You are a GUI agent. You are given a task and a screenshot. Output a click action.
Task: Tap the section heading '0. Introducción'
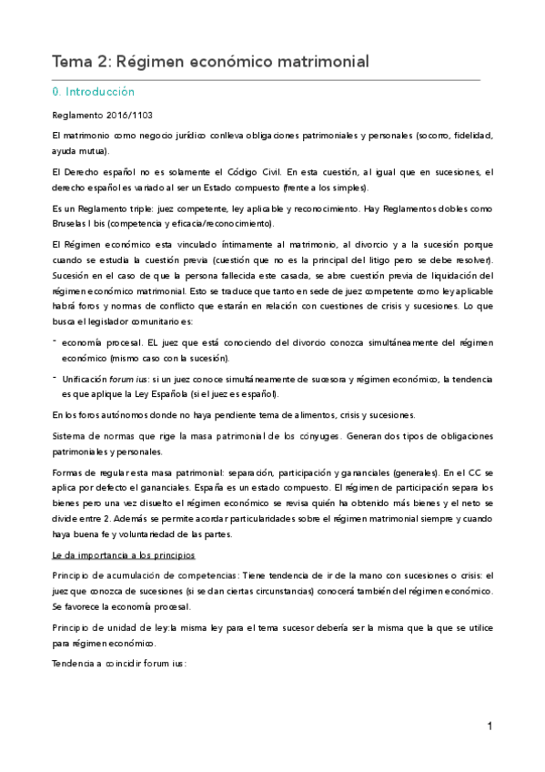click(95, 92)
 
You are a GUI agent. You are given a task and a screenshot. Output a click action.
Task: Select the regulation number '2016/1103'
click(124, 116)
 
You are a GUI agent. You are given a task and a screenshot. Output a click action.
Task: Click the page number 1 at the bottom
click(489, 726)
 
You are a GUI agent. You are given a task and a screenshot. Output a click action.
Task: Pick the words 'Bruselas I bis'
click(80, 224)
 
